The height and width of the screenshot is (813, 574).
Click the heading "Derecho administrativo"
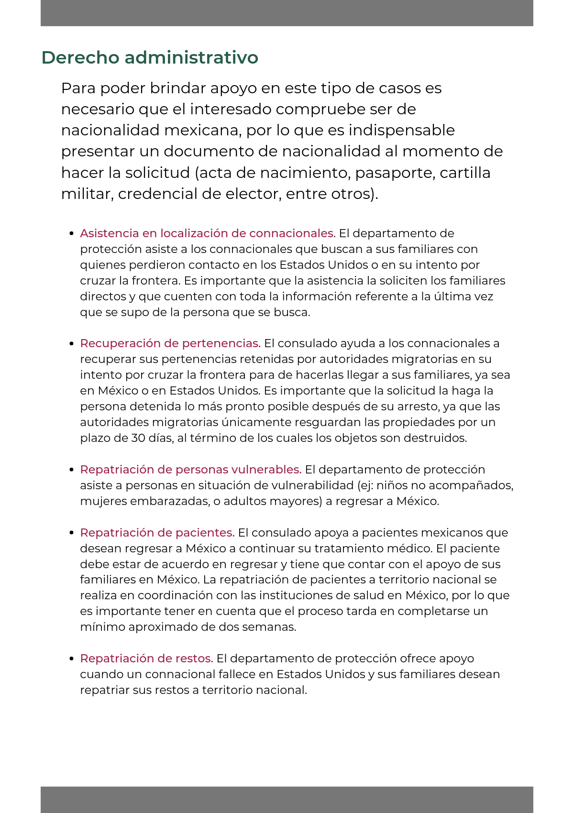(x=150, y=57)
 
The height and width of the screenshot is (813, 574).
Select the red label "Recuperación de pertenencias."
(x=170, y=343)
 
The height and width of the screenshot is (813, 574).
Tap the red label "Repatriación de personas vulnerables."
(x=190, y=470)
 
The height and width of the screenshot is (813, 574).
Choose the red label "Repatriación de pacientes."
(x=157, y=533)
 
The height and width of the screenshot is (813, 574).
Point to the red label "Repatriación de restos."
(x=146, y=659)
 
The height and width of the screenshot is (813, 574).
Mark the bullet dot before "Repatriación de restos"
(x=71, y=659)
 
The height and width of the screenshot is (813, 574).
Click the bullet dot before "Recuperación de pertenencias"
(x=71, y=343)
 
